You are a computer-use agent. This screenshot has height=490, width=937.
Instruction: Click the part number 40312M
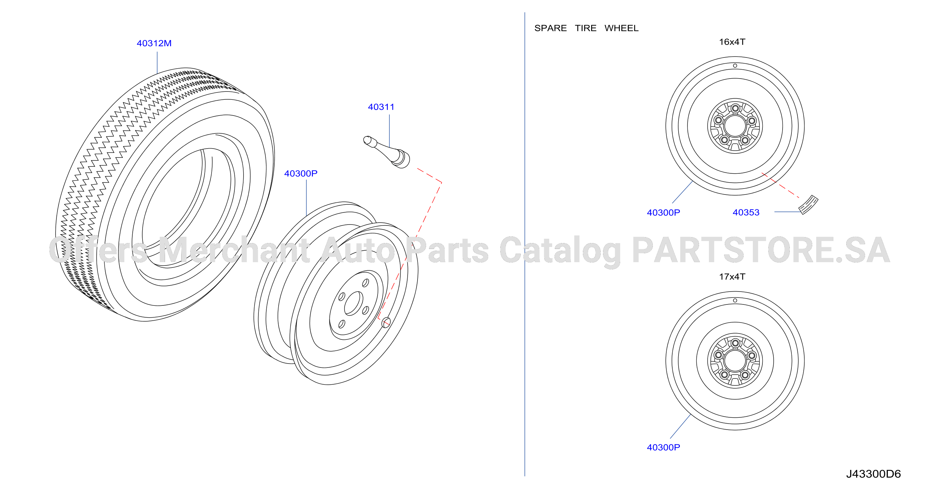tap(154, 43)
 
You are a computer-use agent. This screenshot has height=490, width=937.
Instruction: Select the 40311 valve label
tap(381, 107)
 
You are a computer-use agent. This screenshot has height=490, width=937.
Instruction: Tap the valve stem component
tap(387, 152)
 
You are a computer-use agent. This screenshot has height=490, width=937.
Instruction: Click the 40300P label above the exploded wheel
tap(300, 174)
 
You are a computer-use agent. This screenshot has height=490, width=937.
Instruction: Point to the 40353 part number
tap(746, 212)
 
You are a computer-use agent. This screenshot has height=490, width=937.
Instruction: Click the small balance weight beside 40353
tap(808, 205)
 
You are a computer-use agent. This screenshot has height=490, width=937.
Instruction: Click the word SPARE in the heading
tap(550, 28)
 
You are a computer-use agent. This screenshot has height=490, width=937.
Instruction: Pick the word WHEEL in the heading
tap(621, 28)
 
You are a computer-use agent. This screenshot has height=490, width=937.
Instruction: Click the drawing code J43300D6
tap(873, 474)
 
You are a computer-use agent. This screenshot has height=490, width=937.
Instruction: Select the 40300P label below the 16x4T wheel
tap(663, 212)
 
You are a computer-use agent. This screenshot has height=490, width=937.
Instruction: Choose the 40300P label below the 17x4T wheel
tap(663, 447)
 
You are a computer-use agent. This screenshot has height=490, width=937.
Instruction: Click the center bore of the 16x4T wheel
tap(735, 126)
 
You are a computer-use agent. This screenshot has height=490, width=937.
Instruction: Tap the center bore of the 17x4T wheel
tap(735, 361)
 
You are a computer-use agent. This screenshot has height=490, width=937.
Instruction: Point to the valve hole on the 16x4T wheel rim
tap(735, 66)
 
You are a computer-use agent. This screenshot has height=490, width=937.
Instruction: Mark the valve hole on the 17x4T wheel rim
tap(735, 300)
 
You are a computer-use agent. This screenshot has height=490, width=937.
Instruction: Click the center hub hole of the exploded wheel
tap(353, 303)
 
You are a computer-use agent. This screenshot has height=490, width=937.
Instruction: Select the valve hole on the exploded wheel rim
tap(386, 322)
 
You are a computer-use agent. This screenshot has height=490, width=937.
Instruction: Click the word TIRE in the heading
tap(585, 28)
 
